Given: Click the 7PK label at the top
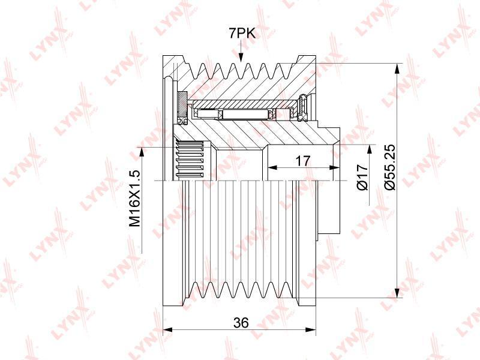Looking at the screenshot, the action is [x=242, y=33].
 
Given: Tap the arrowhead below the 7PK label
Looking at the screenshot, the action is [x=241, y=57].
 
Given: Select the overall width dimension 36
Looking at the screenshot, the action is [x=241, y=322].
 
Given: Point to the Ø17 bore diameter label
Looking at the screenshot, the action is [x=362, y=177].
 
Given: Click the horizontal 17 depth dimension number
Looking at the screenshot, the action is [x=303, y=161].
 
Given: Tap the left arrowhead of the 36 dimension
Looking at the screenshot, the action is [x=168, y=329].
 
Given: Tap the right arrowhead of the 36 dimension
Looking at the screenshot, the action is [x=311, y=329].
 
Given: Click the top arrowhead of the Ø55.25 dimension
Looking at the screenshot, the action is [x=397, y=68].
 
